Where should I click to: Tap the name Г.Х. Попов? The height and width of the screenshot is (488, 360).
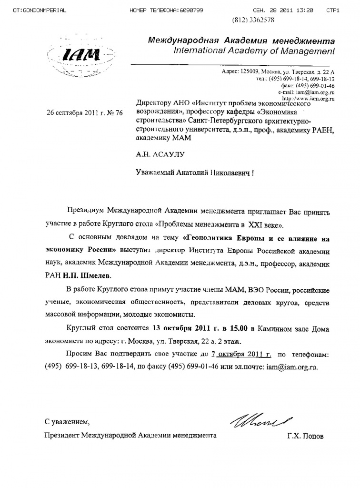pyautogui.click(x=305, y=436)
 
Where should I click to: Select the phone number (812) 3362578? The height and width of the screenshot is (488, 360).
pyautogui.click(x=252, y=20)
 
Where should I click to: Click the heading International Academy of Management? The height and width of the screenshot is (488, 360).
pyautogui.click(x=255, y=51)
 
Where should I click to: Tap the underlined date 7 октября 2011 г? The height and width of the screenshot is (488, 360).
pyautogui.click(x=242, y=355)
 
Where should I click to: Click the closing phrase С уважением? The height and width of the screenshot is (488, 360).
pyautogui.click(x=67, y=421)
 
